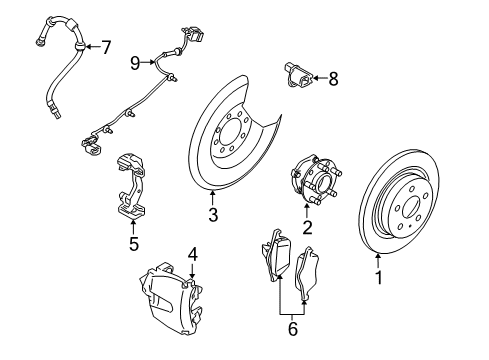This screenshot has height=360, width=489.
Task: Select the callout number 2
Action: (x=308, y=228)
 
